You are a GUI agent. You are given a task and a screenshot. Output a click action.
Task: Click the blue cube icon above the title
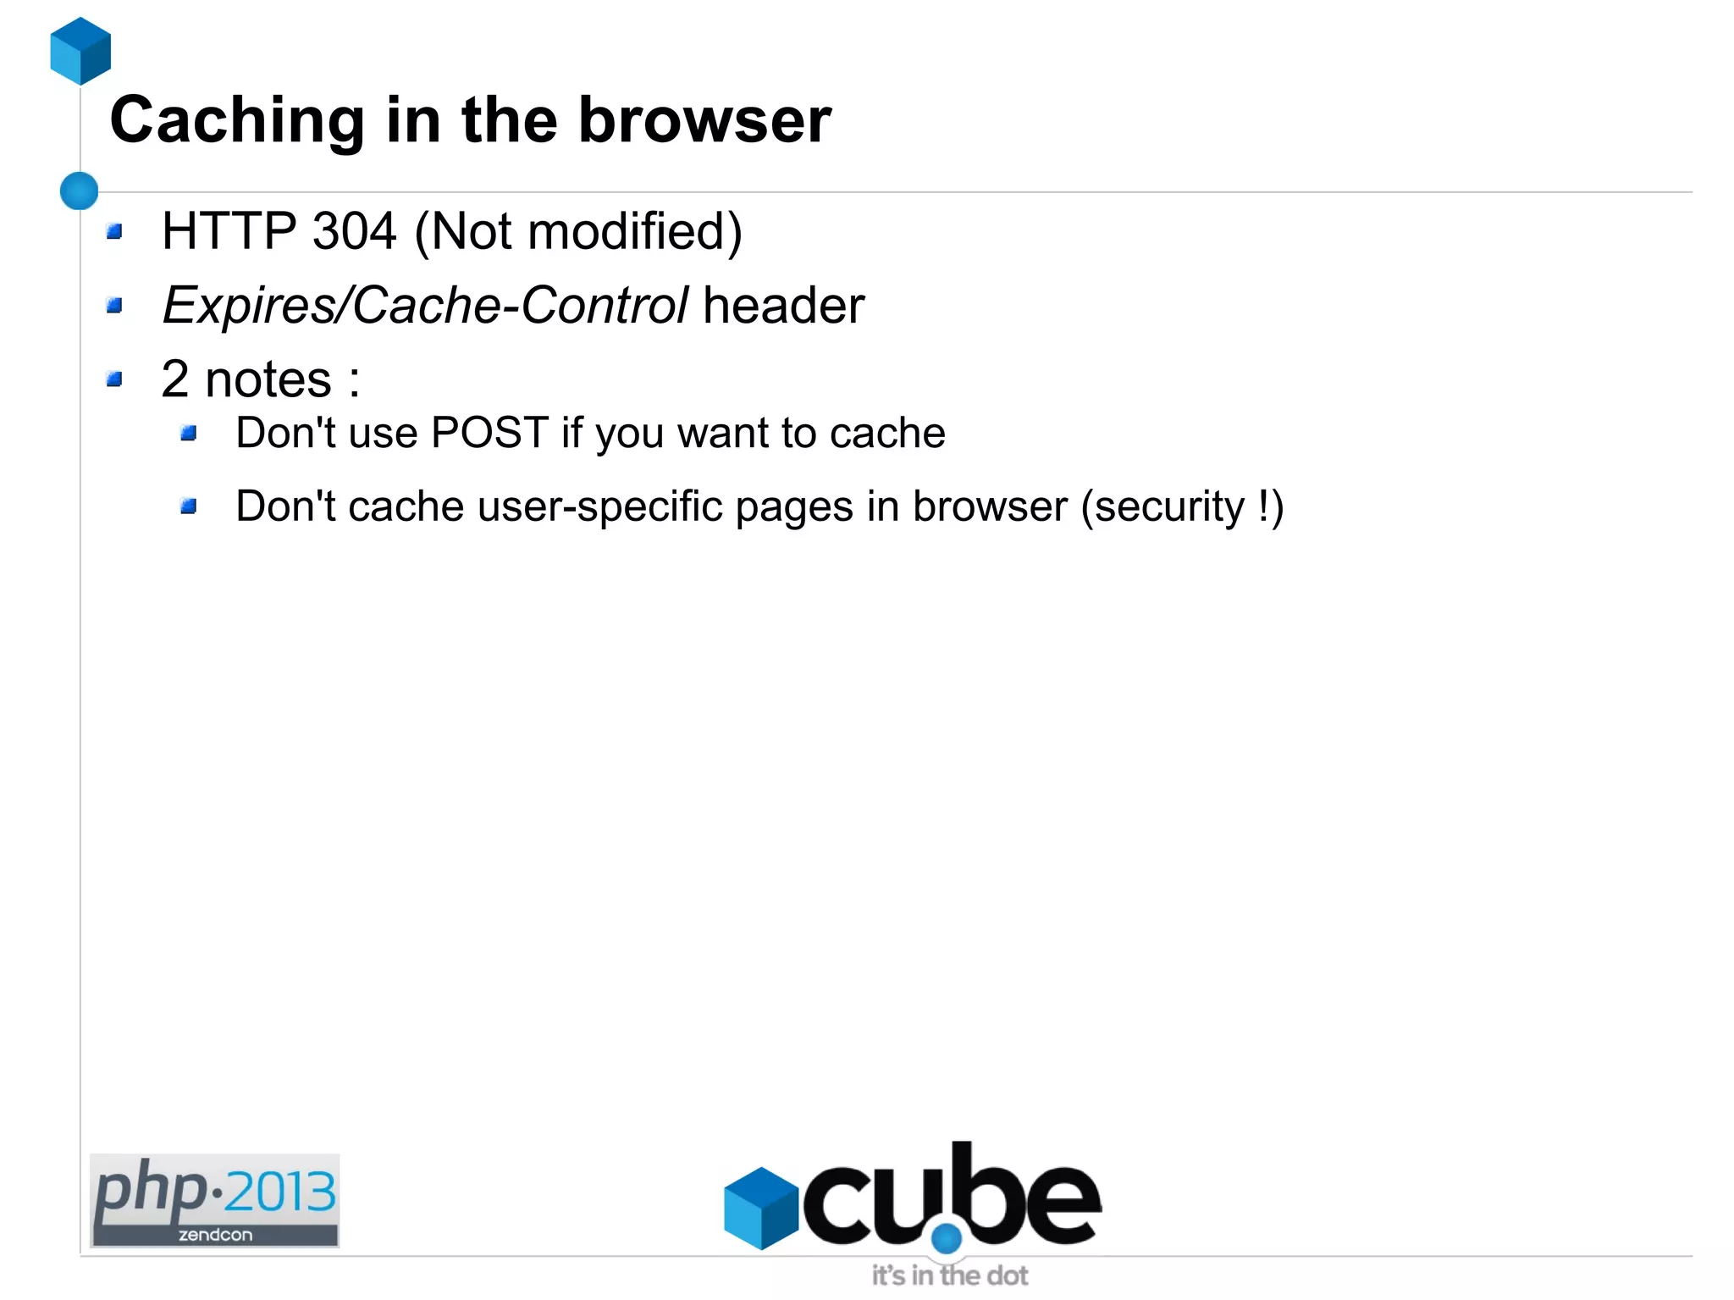pyautogui.click(x=80, y=51)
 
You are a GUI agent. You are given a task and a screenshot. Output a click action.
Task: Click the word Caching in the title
pyautogui.click(x=237, y=120)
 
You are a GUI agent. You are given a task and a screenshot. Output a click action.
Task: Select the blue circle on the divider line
pyautogui.click(x=80, y=191)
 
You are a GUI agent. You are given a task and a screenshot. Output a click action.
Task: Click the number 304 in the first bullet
pyautogui.click(x=354, y=231)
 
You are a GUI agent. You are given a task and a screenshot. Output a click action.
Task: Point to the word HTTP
pyautogui.click(x=229, y=231)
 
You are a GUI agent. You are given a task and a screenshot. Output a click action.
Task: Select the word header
pyautogui.click(x=783, y=305)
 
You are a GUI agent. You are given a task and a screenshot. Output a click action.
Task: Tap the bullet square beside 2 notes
pyautogui.click(x=115, y=379)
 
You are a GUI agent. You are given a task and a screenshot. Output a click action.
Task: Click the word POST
pyautogui.click(x=489, y=433)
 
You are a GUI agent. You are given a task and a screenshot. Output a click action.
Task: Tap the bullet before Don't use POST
pyautogui.click(x=189, y=434)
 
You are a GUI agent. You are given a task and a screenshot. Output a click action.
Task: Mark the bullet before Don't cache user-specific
pyautogui.click(x=189, y=506)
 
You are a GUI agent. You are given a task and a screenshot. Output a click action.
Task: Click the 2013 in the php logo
pyautogui.click(x=280, y=1192)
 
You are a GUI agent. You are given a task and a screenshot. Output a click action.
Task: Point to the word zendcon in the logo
pyautogui.click(x=215, y=1235)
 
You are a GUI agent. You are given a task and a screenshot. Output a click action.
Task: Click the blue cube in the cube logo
pyautogui.click(x=761, y=1208)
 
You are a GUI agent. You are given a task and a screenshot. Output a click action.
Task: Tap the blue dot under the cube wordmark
pyautogui.click(x=947, y=1238)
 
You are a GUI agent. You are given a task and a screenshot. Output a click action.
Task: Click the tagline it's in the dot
pyautogui.click(x=950, y=1275)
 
